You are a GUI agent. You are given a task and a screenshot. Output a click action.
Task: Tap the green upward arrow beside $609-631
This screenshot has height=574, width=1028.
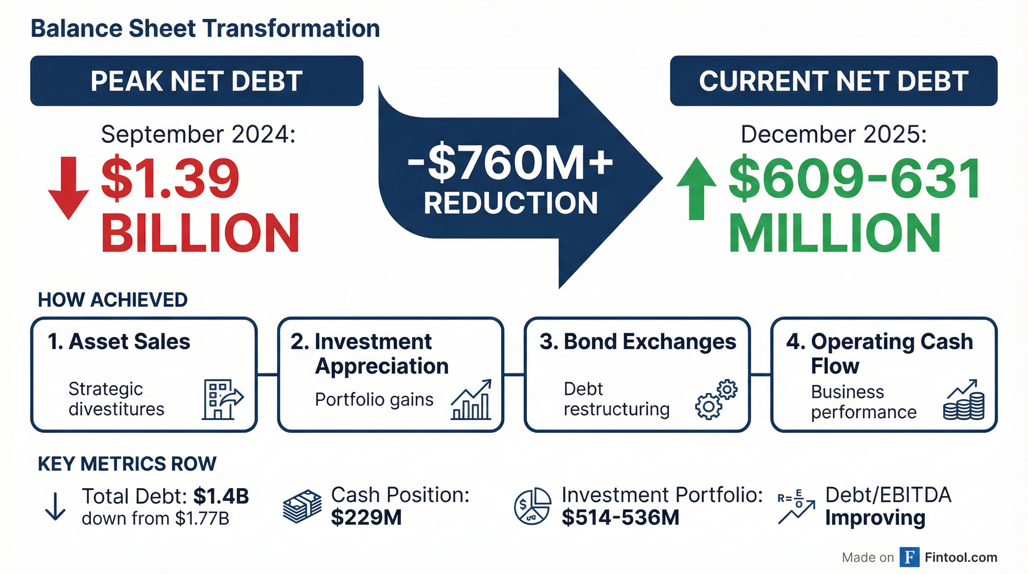click(696, 188)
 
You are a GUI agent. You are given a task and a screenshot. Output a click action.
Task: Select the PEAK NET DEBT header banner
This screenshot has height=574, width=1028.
click(197, 81)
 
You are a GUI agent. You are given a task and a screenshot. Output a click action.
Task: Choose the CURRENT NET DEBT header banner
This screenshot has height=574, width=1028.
click(833, 81)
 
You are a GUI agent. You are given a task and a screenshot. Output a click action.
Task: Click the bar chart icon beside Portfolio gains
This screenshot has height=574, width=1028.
click(471, 400)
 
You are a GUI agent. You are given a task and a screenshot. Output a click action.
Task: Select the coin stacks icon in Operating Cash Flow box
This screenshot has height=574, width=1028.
click(964, 400)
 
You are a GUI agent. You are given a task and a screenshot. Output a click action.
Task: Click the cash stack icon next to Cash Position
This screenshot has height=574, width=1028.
click(302, 506)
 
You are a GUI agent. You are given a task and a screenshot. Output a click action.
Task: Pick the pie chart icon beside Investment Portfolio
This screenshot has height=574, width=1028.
click(533, 506)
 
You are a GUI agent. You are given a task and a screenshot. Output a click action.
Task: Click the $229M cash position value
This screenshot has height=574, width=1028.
click(366, 518)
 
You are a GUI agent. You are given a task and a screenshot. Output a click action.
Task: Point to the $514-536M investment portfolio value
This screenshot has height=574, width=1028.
click(620, 518)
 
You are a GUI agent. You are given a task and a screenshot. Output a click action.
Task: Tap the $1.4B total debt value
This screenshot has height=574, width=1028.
click(221, 496)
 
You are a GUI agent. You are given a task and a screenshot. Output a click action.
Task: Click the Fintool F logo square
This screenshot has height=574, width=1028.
click(910, 558)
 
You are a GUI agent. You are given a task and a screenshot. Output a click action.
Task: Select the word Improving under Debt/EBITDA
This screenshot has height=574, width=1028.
click(875, 518)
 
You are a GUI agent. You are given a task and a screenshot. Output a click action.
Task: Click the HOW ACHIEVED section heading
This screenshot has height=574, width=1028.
click(112, 300)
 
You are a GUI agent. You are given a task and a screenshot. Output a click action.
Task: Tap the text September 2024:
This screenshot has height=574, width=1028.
click(198, 134)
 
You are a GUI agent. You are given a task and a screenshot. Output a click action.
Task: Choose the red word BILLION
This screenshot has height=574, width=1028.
click(200, 232)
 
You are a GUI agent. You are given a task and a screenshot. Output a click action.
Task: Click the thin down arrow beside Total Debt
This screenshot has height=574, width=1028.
click(55, 506)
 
